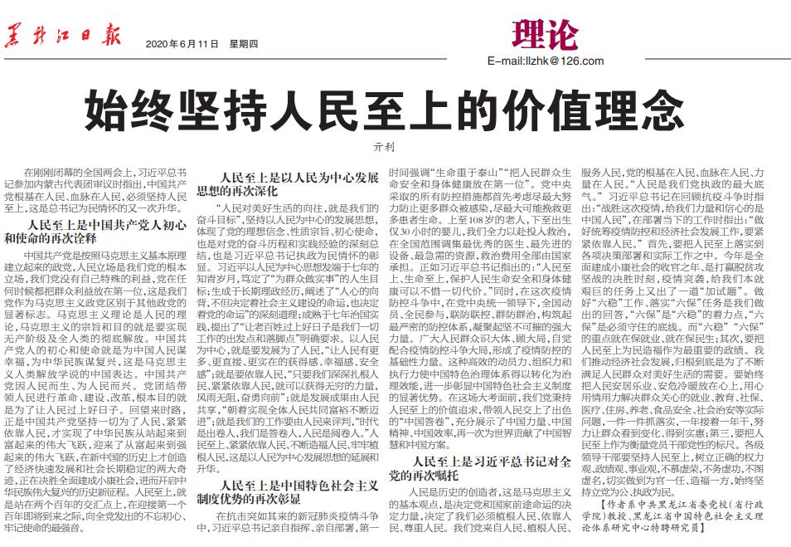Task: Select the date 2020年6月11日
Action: [x=181, y=44]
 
